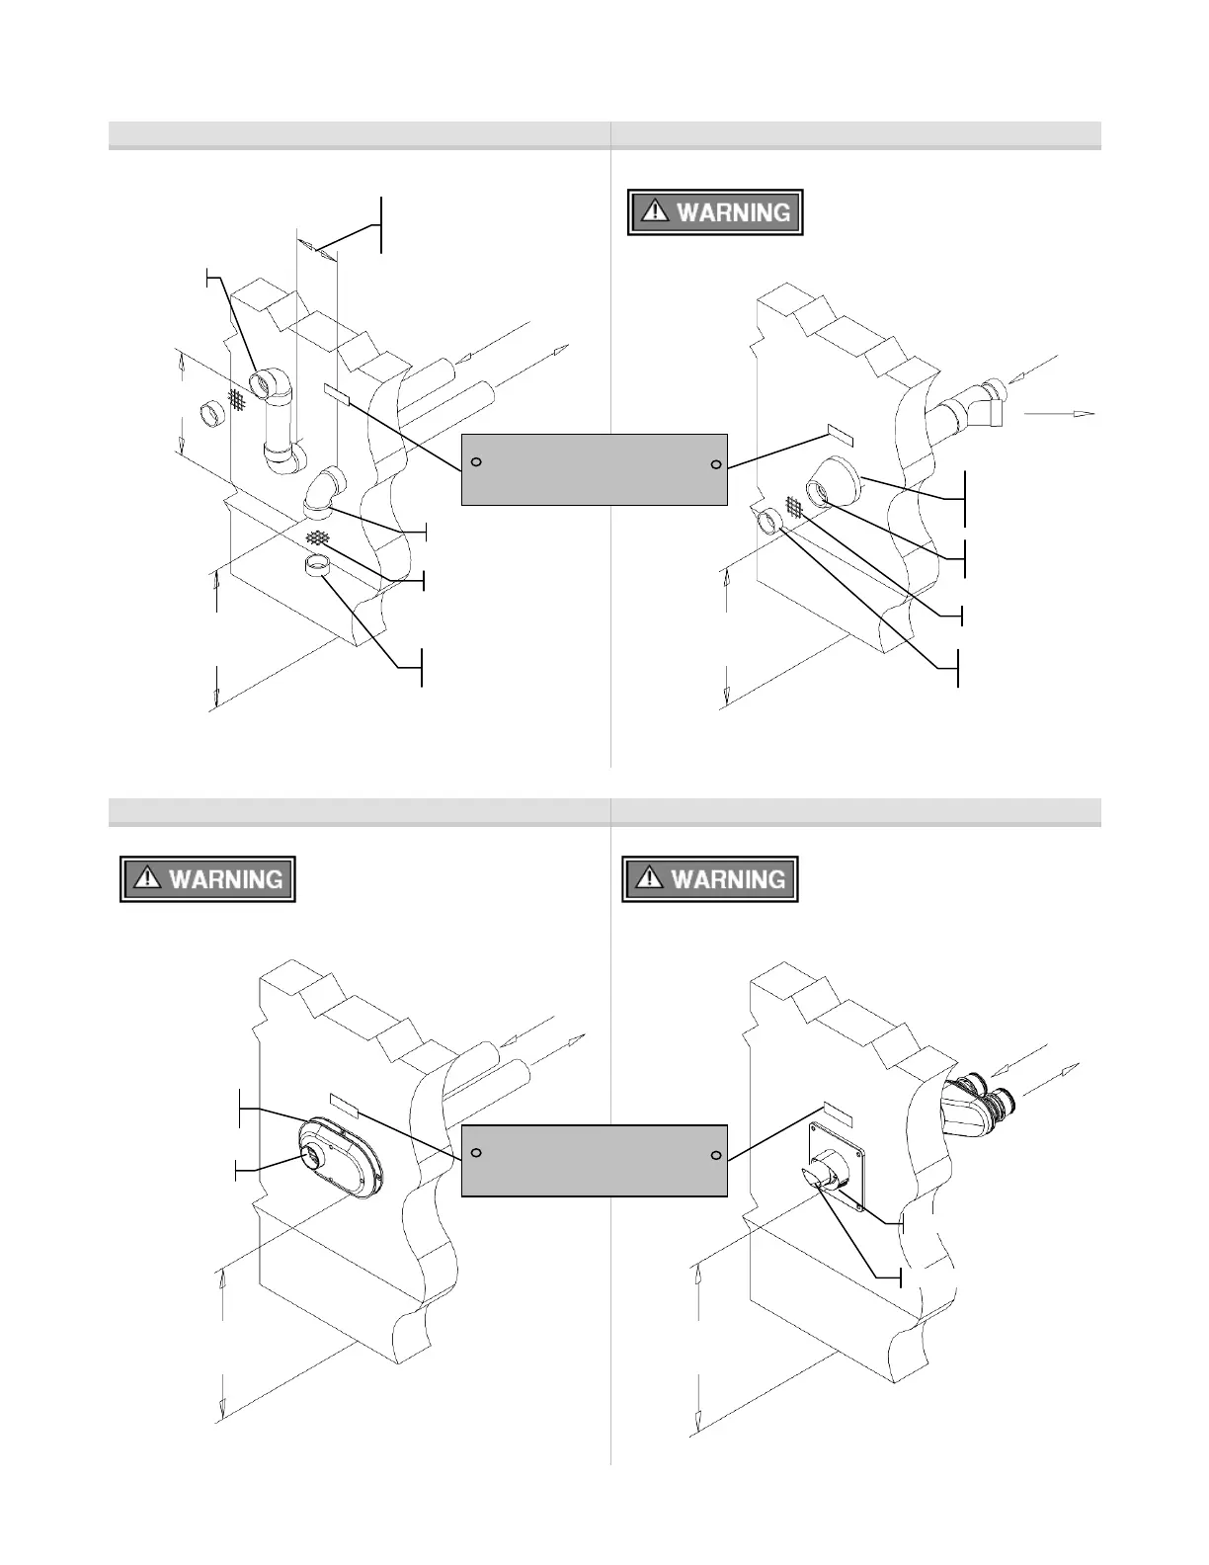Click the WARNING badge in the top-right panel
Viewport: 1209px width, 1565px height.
715,212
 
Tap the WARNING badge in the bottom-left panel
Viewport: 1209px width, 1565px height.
208,878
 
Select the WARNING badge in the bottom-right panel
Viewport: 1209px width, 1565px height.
709,878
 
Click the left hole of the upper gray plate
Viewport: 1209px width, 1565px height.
476,462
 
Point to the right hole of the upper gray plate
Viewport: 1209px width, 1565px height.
716,464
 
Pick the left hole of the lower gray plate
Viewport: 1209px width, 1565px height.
476,1153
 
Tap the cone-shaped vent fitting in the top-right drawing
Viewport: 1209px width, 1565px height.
832,483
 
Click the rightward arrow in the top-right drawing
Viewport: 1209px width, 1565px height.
1060,413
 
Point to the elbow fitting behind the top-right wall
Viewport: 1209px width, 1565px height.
973,406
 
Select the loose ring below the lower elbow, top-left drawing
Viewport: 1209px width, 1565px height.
317,567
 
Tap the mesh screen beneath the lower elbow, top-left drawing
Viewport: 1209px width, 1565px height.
317,537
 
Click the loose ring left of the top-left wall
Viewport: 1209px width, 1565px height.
212,414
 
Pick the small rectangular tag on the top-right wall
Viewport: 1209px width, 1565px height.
840,437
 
